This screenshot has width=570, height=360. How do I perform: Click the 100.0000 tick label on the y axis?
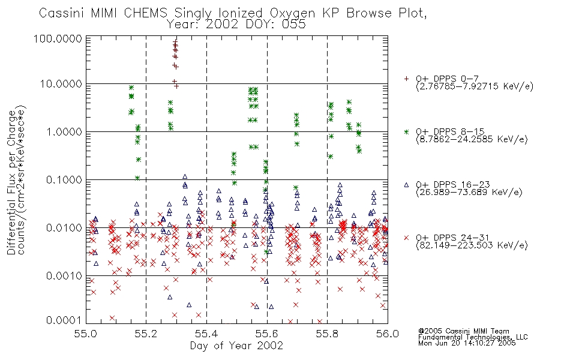(x=58, y=38)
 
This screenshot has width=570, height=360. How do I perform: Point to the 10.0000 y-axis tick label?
(x=61, y=84)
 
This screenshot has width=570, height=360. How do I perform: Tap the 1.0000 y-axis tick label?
(x=64, y=131)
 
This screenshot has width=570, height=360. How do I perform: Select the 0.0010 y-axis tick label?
(x=64, y=275)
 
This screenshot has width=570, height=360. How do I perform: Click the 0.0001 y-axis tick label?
(x=64, y=320)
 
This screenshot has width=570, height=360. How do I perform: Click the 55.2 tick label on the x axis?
(x=146, y=334)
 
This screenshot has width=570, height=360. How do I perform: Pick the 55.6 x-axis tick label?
(x=267, y=334)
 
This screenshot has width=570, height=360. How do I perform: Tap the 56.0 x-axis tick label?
(x=388, y=334)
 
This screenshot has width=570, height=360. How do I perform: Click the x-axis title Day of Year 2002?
(x=236, y=346)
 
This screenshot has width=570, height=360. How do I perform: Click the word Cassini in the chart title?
(x=61, y=13)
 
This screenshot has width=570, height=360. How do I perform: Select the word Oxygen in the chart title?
(x=292, y=13)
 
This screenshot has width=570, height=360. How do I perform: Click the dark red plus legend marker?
(x=406, y=79)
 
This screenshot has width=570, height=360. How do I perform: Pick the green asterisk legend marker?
(x=406, y=131)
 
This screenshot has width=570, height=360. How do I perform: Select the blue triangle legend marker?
(x=406, y=185)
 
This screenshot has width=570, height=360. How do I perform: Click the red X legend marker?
(x=406, y=238)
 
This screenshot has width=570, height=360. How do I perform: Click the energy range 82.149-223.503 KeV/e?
(x=472, y=245)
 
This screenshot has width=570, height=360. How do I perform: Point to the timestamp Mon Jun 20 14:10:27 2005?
(x=467, y=343)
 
